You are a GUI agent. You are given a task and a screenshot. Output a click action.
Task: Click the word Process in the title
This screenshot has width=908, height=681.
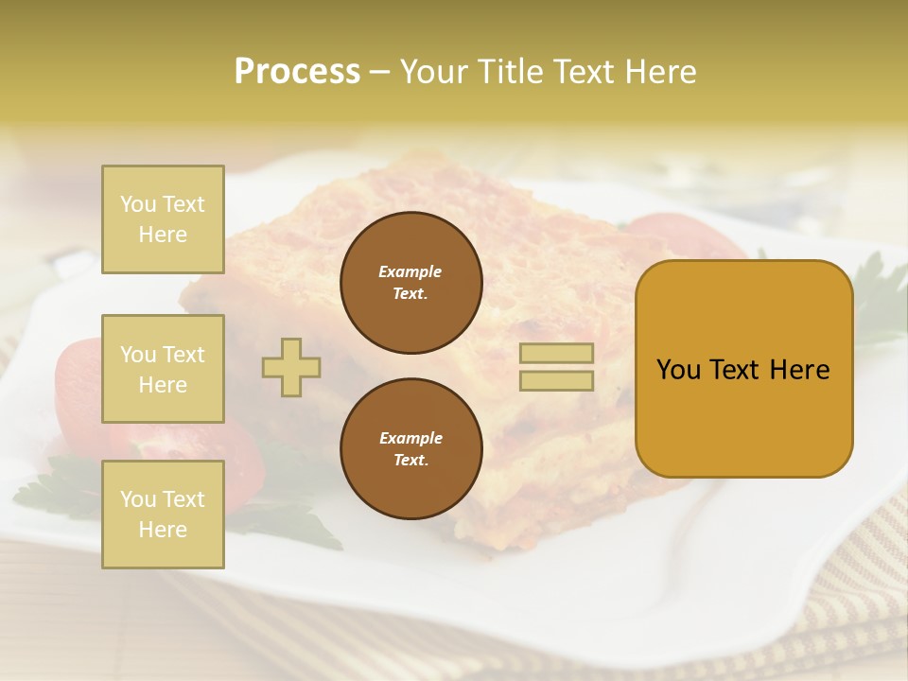pyautogui.click(x=297, y=72)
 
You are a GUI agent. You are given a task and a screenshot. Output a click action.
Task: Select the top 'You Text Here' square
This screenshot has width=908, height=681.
pyautogui.click(x=163, y=219)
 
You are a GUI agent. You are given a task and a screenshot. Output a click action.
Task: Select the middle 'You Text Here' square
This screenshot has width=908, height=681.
pyautogui.click(x=163, y=369)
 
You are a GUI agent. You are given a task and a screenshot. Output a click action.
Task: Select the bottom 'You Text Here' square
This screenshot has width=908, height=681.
pyautogui.click(x=163, y=515)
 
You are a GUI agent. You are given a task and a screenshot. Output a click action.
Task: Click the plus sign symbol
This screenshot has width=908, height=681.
pyautogui.click(x=291, y=367)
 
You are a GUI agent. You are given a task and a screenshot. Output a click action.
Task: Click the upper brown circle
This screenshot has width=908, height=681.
pyautogui.click(x=411, y=283)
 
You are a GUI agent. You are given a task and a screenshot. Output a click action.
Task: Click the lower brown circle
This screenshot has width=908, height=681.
pyautogui.click(x=411, y=449)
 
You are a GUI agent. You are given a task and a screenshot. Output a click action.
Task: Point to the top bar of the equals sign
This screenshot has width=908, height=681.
pyautogui.click(x=556, y=354)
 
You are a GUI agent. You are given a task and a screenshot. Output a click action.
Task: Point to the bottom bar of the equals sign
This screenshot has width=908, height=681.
pyautogui.click(x=556, y=380)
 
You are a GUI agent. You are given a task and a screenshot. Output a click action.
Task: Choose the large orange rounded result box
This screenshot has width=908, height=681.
pyautogui.click(x=743, y=369)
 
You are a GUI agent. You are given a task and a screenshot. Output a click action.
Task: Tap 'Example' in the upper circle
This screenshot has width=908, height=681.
pyautogui.click(x=410, y=271)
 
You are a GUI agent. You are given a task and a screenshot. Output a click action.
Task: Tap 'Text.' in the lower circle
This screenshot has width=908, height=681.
pyautogui.click(x=410, y=461)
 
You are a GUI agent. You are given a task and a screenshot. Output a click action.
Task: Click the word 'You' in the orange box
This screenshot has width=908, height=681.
pyautogui.click(x=679, y=370)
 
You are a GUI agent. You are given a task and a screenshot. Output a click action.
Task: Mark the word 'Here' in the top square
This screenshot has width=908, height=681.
pyautogui.click(x=163, y=235)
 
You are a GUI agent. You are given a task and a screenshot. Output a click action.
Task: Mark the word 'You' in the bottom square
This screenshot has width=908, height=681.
pyautogui.click(x=138, y=499)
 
